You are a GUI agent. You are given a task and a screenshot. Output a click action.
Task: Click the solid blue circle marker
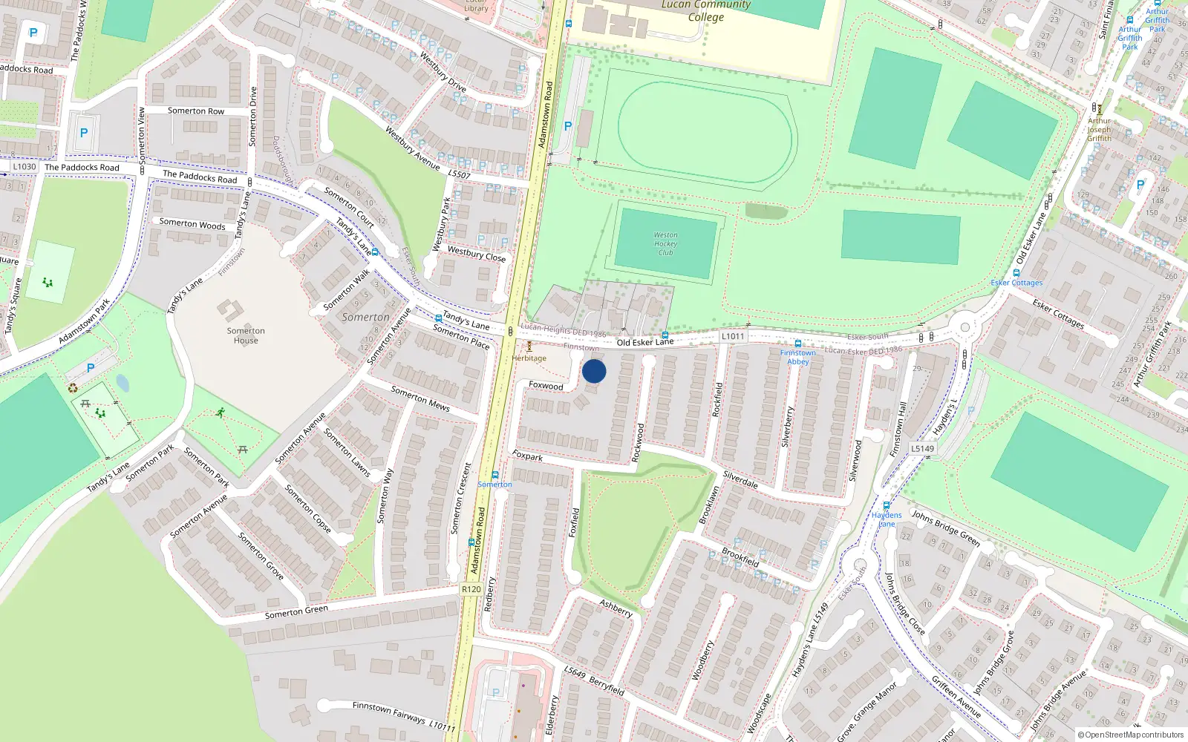click(594, 371)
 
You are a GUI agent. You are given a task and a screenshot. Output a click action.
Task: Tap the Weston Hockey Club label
click(665, 243)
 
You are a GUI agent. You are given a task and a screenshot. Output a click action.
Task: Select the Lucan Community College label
click(705, 10)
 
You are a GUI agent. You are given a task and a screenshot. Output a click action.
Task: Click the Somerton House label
click(246, 335)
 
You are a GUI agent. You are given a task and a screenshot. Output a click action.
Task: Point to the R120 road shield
click(471, 589)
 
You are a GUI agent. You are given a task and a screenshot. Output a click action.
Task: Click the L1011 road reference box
click(733, 336)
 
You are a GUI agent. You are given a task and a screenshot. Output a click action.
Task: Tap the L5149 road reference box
click(923, 448)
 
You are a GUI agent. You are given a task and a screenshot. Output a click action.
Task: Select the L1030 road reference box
click(25, 166)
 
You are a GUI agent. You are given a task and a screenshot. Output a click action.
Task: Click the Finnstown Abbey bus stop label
click(798, 357)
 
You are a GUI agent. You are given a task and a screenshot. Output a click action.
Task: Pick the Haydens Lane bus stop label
click(887, 519)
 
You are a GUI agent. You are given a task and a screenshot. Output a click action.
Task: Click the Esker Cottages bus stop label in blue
click(1016, 283)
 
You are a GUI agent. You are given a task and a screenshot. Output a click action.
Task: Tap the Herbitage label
click(529, 358)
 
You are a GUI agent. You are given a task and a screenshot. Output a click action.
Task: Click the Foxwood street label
click(546, 386)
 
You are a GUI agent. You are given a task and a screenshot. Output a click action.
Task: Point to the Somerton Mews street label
click(420, 398)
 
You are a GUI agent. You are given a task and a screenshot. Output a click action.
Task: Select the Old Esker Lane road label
click(645, 342)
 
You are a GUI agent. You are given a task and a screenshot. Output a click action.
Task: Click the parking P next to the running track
click(568, 126)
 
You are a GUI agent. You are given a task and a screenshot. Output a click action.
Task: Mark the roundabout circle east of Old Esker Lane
click(965, 326)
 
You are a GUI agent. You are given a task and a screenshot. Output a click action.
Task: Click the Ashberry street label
click(616, 608)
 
